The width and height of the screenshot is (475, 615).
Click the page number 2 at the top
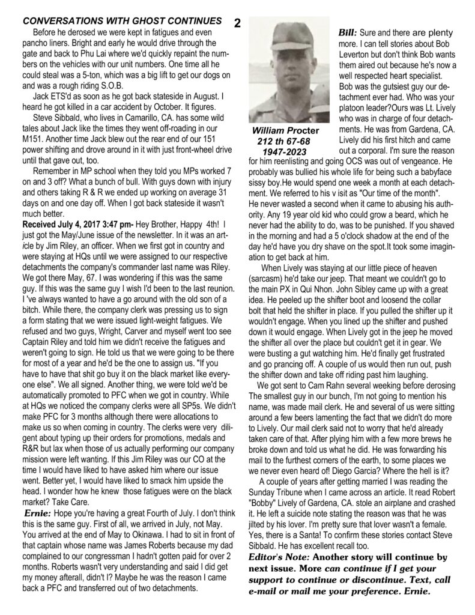point(238,23)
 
